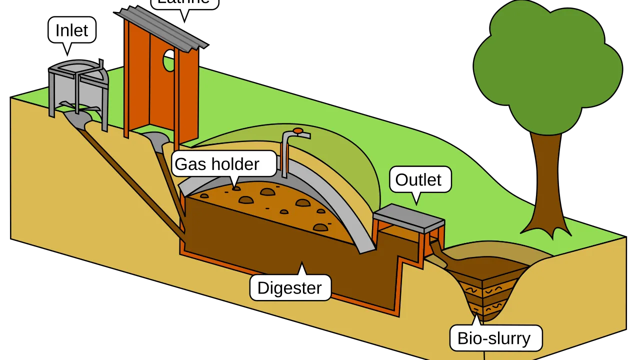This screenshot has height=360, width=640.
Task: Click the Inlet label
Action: pyautogui.click(x=71, y=30)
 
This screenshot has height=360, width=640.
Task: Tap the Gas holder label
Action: pyautogui.click(x=217, y=164)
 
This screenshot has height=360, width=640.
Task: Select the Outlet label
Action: pyautogui.click(x=418, y=180)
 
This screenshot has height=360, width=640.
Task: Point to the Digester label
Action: pyautogui.click(x=289, y=288)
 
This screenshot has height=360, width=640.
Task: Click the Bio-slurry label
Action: pyautogui.click(x=494, y=338)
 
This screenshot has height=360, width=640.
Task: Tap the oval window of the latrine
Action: pyautogui.click(x=169, y=60)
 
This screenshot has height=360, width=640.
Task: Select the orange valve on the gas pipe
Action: pyautogui.click(x=298, y=131)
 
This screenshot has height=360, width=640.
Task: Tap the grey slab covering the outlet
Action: pyautogui.click(x=409, y=218)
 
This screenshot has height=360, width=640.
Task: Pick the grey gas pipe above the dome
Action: pyautogui.click(x=285, y=155)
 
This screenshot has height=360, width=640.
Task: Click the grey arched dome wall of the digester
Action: pyautogui.click(x=345, y=210)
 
